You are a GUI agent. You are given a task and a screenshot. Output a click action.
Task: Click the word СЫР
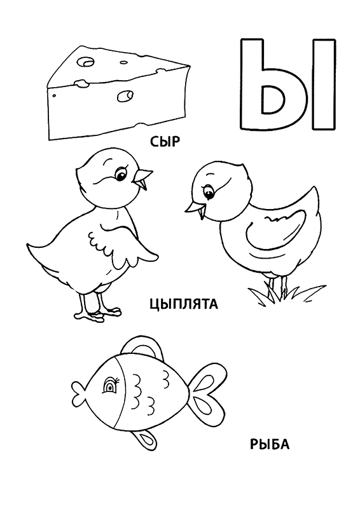[165, 142]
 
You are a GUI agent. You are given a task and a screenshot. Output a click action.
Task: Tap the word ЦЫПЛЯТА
[184, 304]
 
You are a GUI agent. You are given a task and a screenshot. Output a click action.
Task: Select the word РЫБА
[269, 444]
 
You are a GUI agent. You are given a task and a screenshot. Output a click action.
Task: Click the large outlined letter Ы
[288, 85]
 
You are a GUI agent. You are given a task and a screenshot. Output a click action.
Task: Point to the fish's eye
[111, 386]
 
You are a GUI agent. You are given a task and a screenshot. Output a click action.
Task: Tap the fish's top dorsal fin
[141, 346]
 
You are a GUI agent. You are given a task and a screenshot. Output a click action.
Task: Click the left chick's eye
[121, 175]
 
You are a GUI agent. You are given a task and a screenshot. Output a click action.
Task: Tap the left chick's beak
[142, 177]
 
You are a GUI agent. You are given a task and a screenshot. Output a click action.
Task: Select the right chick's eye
[208, 193]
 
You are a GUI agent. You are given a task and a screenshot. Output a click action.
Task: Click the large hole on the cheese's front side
[125, 96]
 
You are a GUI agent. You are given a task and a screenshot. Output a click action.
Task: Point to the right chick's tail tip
[314, 187]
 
